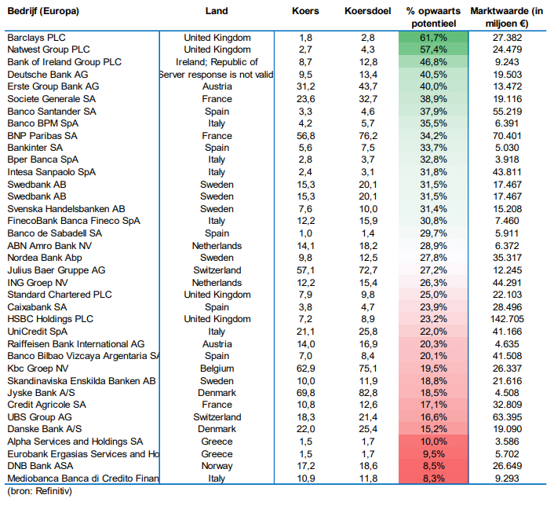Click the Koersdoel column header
point(367,11)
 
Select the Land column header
point(217,11)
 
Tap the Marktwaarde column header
point(507,17)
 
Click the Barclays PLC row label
point(36,38)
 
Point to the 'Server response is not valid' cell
point(217,75)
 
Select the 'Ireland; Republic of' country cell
point(217,62)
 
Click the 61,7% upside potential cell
point(433,38)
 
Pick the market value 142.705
point(507,319)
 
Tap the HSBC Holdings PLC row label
point(50,319)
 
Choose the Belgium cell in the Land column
point(217,368)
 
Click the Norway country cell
point(217,466)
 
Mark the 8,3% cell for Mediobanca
point(433,478)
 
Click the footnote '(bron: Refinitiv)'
point(39,491)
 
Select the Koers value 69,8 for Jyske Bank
point(305,393)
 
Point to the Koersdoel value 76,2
point(368,136)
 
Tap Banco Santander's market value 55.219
point(507,112)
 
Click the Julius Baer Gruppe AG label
point(56,270)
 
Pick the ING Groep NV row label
point(38,283)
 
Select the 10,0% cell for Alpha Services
point(433,442)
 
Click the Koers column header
point(305,11)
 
